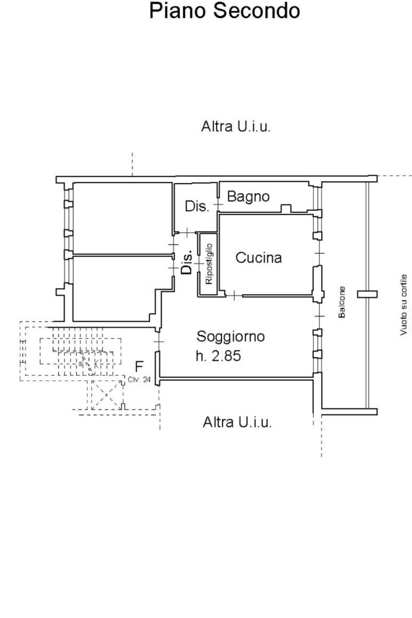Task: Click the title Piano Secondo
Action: click(225, 11)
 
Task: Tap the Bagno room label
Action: click(248, 197)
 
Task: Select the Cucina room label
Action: click(258, 257)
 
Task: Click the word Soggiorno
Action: click(231, 336)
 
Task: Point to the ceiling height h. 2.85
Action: click(218, 356)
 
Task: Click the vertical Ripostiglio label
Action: click(208, 264)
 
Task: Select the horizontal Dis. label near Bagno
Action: click(197, 206)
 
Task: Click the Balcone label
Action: click(342, 302)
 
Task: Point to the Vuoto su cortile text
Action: click(403, 305)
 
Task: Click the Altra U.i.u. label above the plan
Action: click(236, 127)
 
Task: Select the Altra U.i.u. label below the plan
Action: click(237, 422)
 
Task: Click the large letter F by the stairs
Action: click(139, 367)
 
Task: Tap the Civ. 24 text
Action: click(139, 379)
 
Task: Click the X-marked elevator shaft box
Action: click(107, 395)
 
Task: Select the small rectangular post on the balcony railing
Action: click(367, 294)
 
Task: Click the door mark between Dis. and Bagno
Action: click(218, 205)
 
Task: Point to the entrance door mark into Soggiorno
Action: click(159, 342)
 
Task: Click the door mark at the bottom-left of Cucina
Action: click(234, 296)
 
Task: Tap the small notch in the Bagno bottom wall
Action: click(286, 208)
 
